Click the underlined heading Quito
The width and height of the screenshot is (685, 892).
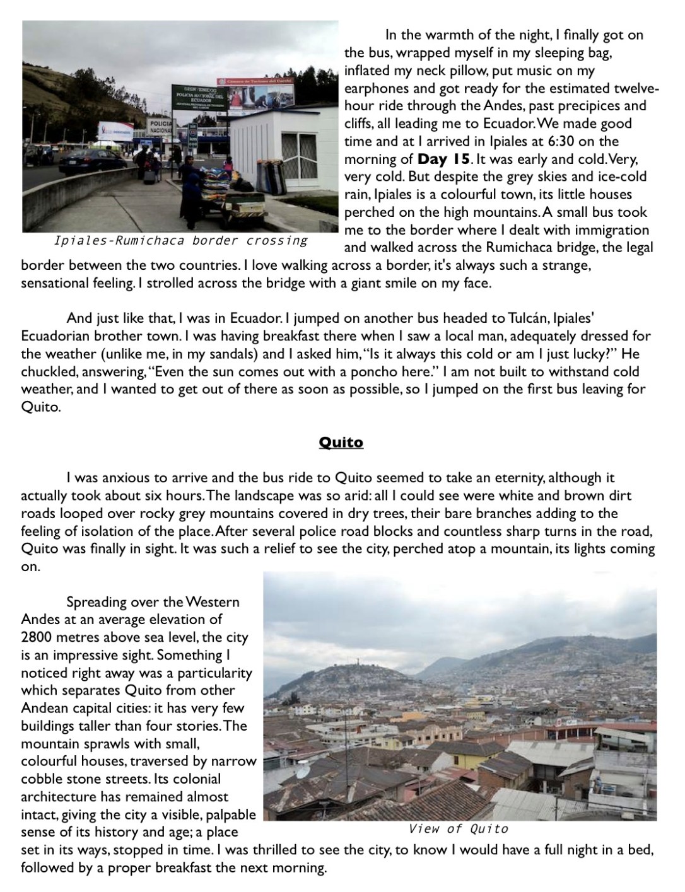pyautogui.click(x=341, y=443)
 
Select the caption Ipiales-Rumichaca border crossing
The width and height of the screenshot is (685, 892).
pyautogui.click(x=181, y=240)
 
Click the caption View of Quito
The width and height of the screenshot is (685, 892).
pyautogui.click(x=458, y=828)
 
